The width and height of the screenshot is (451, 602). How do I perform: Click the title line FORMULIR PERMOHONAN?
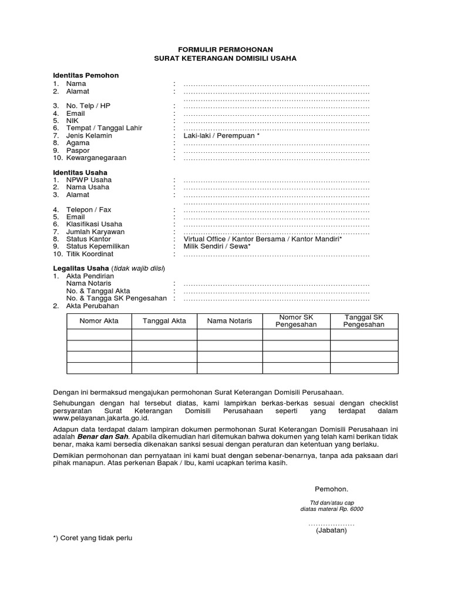[226, 49]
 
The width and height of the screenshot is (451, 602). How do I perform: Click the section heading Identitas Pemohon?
[86, 76]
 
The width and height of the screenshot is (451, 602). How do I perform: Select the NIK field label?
[72, 121]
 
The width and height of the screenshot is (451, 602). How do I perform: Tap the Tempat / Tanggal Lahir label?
[104, 128]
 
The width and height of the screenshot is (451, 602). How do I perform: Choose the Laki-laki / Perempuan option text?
[221, 136]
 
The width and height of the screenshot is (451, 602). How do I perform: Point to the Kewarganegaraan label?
[96, 158]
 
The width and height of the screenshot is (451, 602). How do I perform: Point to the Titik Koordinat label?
[90, 255]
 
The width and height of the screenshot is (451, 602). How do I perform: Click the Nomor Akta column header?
[99, 321]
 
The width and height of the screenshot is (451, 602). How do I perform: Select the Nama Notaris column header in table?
[229, 321]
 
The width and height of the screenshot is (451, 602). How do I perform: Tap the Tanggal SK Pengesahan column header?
[364, 321]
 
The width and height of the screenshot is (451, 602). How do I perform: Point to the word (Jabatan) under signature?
[331, 530]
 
